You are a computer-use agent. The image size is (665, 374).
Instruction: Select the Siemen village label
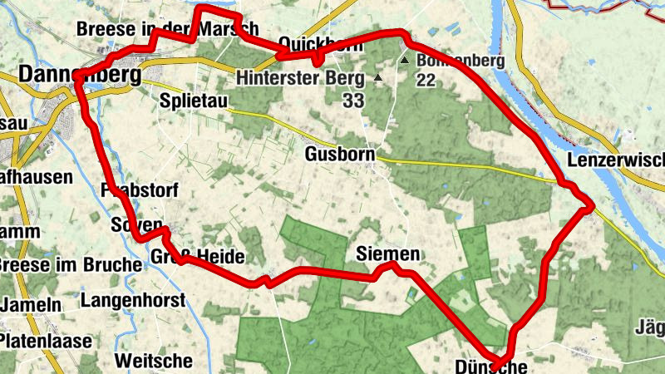pyautogui.click(x=386, y=253)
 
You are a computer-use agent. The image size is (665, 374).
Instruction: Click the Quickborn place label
pyautogui.click(x=321, y=43)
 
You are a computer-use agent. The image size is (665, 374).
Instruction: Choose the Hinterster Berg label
pyautogui.click(x=300, y=79)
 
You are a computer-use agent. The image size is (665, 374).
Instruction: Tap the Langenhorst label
pyautogui.click(x=134, y=300)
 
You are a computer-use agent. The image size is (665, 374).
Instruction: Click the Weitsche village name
pyautogui.click(x=154, y=361)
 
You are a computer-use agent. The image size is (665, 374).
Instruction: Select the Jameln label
pyautogui.click(x=31, y=305)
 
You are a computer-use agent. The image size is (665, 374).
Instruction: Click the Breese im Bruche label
pyautogui.click(x=70, y=265)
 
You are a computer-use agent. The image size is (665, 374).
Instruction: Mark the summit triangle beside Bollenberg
pyautogui.click(x=404, y=61)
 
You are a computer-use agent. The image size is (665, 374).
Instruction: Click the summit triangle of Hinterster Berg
pyautogui.click(x=378, y=78)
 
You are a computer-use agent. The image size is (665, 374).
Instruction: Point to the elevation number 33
pyautogui.click(x=354, y=100)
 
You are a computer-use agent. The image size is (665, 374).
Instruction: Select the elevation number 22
pyautogui.click(x=426, y=80)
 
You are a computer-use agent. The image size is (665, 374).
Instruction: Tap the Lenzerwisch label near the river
pyautogui.click(x=616, y=159)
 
